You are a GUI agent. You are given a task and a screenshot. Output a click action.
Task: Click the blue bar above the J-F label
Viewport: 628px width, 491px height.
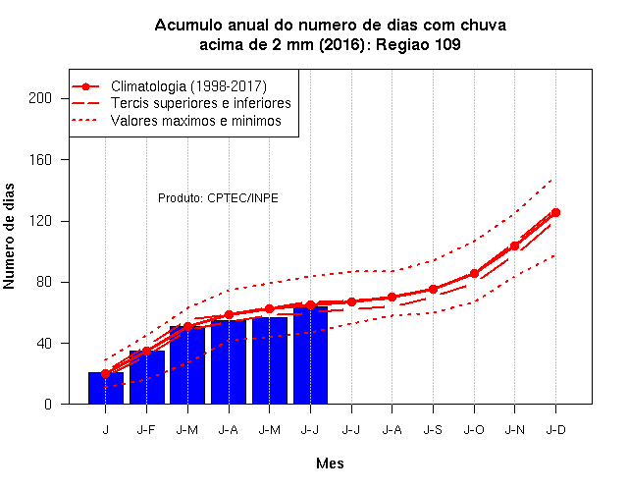point(147,377)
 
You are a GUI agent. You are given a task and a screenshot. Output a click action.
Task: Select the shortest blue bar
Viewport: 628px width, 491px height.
point(106,388)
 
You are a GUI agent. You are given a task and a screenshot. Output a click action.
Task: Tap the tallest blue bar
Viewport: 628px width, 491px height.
point(310,355)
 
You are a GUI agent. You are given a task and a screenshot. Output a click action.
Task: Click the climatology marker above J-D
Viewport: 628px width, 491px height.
point(555,212)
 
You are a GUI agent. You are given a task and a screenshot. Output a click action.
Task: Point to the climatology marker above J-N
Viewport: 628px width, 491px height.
point(514,245)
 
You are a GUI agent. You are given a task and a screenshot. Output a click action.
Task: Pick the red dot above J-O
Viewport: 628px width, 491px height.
point(474,273)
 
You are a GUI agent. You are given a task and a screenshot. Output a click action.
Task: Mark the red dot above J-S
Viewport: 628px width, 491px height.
point(433,289)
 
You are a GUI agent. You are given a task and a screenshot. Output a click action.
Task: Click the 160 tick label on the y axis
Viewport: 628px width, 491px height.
point(40,159)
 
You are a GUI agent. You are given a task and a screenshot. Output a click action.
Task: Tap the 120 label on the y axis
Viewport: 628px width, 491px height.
point(40,221)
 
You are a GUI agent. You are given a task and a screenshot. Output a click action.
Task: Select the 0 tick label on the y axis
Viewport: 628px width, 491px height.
point(48,404)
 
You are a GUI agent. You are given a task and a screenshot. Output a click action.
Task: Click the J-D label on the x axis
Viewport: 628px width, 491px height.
point(556,430)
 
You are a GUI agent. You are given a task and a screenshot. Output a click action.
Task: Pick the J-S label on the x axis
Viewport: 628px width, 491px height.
point(433,430)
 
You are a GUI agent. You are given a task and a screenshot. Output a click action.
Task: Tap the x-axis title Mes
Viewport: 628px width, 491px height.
point(330,464)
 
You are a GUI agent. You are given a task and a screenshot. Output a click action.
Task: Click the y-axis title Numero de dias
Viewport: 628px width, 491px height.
point(9,236)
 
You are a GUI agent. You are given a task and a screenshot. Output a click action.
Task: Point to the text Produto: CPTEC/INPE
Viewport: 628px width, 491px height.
point(218,198)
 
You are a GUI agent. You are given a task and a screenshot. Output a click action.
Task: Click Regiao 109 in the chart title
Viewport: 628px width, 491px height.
point(418,44)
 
